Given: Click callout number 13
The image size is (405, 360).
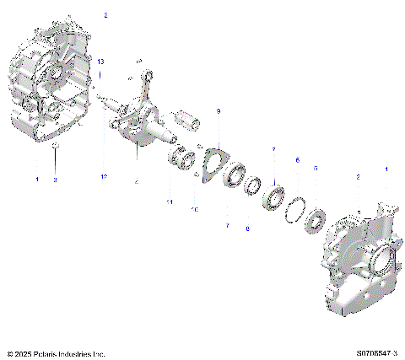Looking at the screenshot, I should (101, 63).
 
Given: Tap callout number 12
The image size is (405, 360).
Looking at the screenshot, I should (105, 176).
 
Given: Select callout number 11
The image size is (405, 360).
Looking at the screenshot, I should (169, 203).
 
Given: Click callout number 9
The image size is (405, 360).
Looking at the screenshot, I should (218, 111).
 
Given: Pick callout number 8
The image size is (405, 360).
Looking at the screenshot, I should (247, 228).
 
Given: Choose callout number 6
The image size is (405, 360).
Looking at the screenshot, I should (296, 159).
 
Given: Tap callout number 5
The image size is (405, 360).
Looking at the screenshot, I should (316, 169).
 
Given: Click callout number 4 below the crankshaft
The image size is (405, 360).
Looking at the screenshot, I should (137, 181).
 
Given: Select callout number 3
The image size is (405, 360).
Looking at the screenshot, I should (55, 180).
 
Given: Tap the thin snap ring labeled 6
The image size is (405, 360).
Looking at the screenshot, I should (297, 207).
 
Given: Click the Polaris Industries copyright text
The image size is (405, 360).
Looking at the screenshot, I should (56, 354).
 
